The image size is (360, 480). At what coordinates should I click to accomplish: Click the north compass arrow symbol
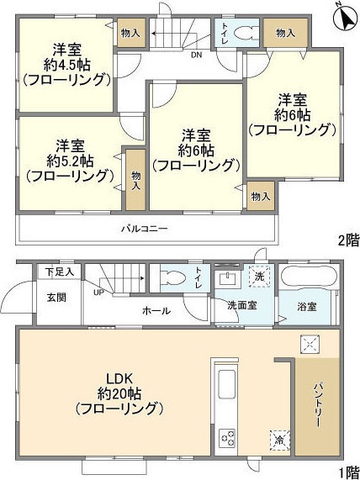point(343,16)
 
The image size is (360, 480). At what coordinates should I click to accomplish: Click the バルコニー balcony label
point(144,228)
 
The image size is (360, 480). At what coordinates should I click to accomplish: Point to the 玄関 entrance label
point(56,297)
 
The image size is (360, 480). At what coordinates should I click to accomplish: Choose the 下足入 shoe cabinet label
point(60,272)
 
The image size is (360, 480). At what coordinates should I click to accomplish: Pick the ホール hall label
point(157,310)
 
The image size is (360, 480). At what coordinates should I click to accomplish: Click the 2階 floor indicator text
point(347,240)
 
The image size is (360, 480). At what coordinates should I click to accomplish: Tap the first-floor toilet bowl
point(174,279)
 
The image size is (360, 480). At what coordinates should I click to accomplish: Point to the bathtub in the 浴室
point(308,277)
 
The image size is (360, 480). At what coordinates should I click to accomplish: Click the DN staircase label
point(196,56)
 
